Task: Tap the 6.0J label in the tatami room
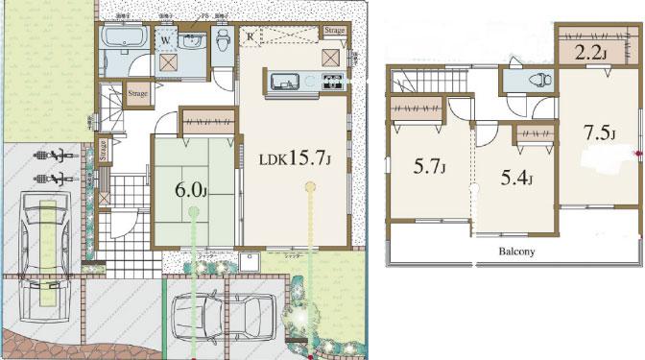tap(191, 189)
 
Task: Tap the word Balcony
tap(515, 252)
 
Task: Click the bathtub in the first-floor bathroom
tap(124, 40)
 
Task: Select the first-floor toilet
tap(223, 42)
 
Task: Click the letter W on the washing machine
tap(166, 40)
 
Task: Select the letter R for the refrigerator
tap(251, 36)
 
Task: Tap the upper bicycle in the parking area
tap(52, 154)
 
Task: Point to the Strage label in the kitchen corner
tap(334, 31)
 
